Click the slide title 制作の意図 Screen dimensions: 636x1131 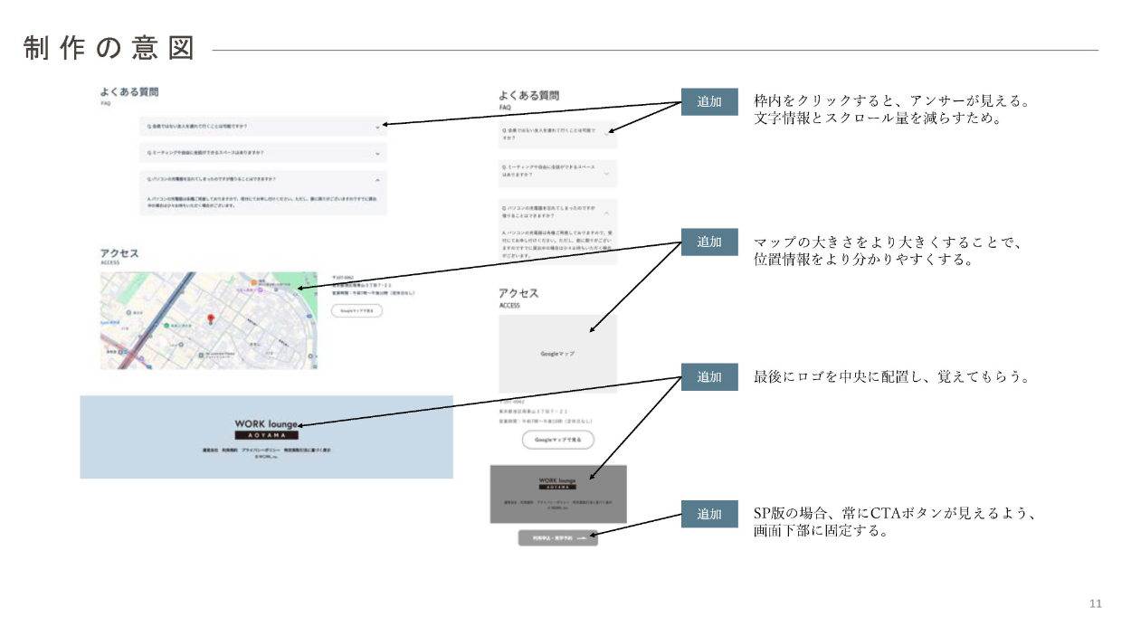click(x=109, y=49)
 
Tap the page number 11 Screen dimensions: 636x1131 click(x=1095, y=603)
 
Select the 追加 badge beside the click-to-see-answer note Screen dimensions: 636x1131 click(x=709, y=102)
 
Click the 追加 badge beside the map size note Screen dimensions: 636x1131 click(x=709, y=242)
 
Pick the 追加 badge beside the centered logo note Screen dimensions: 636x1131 click(x=709, y=377)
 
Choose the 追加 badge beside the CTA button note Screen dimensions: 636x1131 click(x=709, y=514)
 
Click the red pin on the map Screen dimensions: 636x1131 click(x=211, y=319)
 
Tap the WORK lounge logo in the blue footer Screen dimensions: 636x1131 click(x=266, y=429)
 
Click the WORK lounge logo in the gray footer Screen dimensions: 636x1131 click(x=557, y=482)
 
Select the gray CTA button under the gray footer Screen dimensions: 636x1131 click(x=558, y=537)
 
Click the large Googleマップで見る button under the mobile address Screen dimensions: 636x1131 click(x=557, y=440)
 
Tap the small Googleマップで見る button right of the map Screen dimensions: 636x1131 click(x=356, y=310)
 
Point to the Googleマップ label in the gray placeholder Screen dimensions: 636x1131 click(x=557, y=354)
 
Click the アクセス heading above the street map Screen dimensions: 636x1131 click(x=119, y=253)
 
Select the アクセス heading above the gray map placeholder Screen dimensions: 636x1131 click(x=518, y=293)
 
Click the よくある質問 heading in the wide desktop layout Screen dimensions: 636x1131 click(x=130, y=92)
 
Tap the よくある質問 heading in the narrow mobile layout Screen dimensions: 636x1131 click(x=529, y=95)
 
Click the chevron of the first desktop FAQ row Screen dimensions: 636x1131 click(x=377, y=128)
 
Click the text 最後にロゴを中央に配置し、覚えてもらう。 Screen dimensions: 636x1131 click(x=892, y=377)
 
